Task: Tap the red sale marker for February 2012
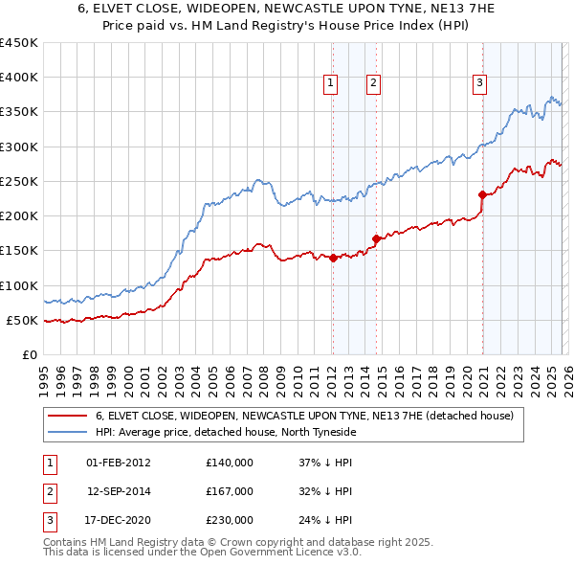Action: [333, 258]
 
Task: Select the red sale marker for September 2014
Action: [377, 238]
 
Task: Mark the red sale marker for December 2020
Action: [482, 194]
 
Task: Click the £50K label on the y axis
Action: [22, 320]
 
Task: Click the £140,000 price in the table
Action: [229, 463]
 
